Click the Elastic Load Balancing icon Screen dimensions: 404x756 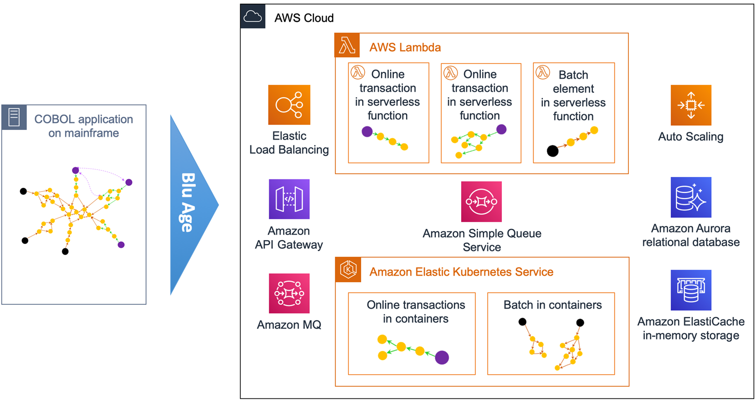pyautogui.click(x=289, y=105)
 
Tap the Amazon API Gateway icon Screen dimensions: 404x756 pyautogui.click(x=289, y=199)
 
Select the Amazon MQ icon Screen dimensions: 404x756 pyautogui.click(x=289, y=293)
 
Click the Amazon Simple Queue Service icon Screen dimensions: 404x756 pyautogui.click(x=481, y=201)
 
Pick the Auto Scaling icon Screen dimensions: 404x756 pyautogui.click(x=691, y=105)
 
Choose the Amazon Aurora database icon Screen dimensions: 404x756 pyautogui.click(x=691, y=197)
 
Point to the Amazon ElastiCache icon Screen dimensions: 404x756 pyautogui.click(x=691, y=290)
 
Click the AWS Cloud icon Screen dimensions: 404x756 pyautogui.click(x=253, y=17)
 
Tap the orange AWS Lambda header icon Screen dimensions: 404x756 pyautogui.click(x=347, y=45)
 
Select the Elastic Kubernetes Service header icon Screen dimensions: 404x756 pyautogui.click(x=348, y=269)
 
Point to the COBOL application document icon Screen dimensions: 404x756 pyautogui.click(x=14, y=117)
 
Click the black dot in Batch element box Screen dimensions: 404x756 pyautogui.click(x=552, y=151)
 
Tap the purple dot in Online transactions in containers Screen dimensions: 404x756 pyautogui.click(x=442, y=357)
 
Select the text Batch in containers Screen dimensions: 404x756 pyautogui.click(x=552, y=305)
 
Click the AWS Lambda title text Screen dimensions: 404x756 pyautogui.click(x=405, y=48)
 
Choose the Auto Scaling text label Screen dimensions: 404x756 pyautogui.click(x=691, y=137)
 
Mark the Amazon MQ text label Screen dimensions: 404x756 pyautogui.click(x=289, y=325)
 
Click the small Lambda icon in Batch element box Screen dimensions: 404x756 pyautogui.click(x=542, y=72)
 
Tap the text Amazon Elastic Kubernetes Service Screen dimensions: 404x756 pyautogui.click(x=461, y=272)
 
